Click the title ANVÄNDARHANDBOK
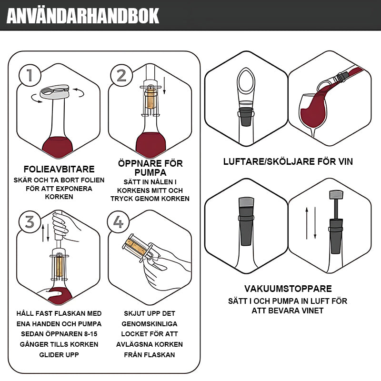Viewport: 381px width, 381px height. tap(83, 16)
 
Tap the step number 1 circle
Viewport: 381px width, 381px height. tap(29, 75)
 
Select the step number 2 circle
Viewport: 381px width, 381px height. tap(121, 75)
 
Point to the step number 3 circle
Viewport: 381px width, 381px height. tap(29, 222)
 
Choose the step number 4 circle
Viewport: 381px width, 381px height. tap(119, 222)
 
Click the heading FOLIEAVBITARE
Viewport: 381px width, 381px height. tap(59, 169)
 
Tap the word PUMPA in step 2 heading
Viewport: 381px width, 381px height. tap(150, 172)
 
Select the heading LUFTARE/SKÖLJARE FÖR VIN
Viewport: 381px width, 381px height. tap(288, 161)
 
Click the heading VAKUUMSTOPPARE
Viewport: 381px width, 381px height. tap(288, 289)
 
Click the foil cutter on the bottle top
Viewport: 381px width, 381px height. tap(55, 91)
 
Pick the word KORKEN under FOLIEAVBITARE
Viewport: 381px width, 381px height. tap(59, 197)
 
